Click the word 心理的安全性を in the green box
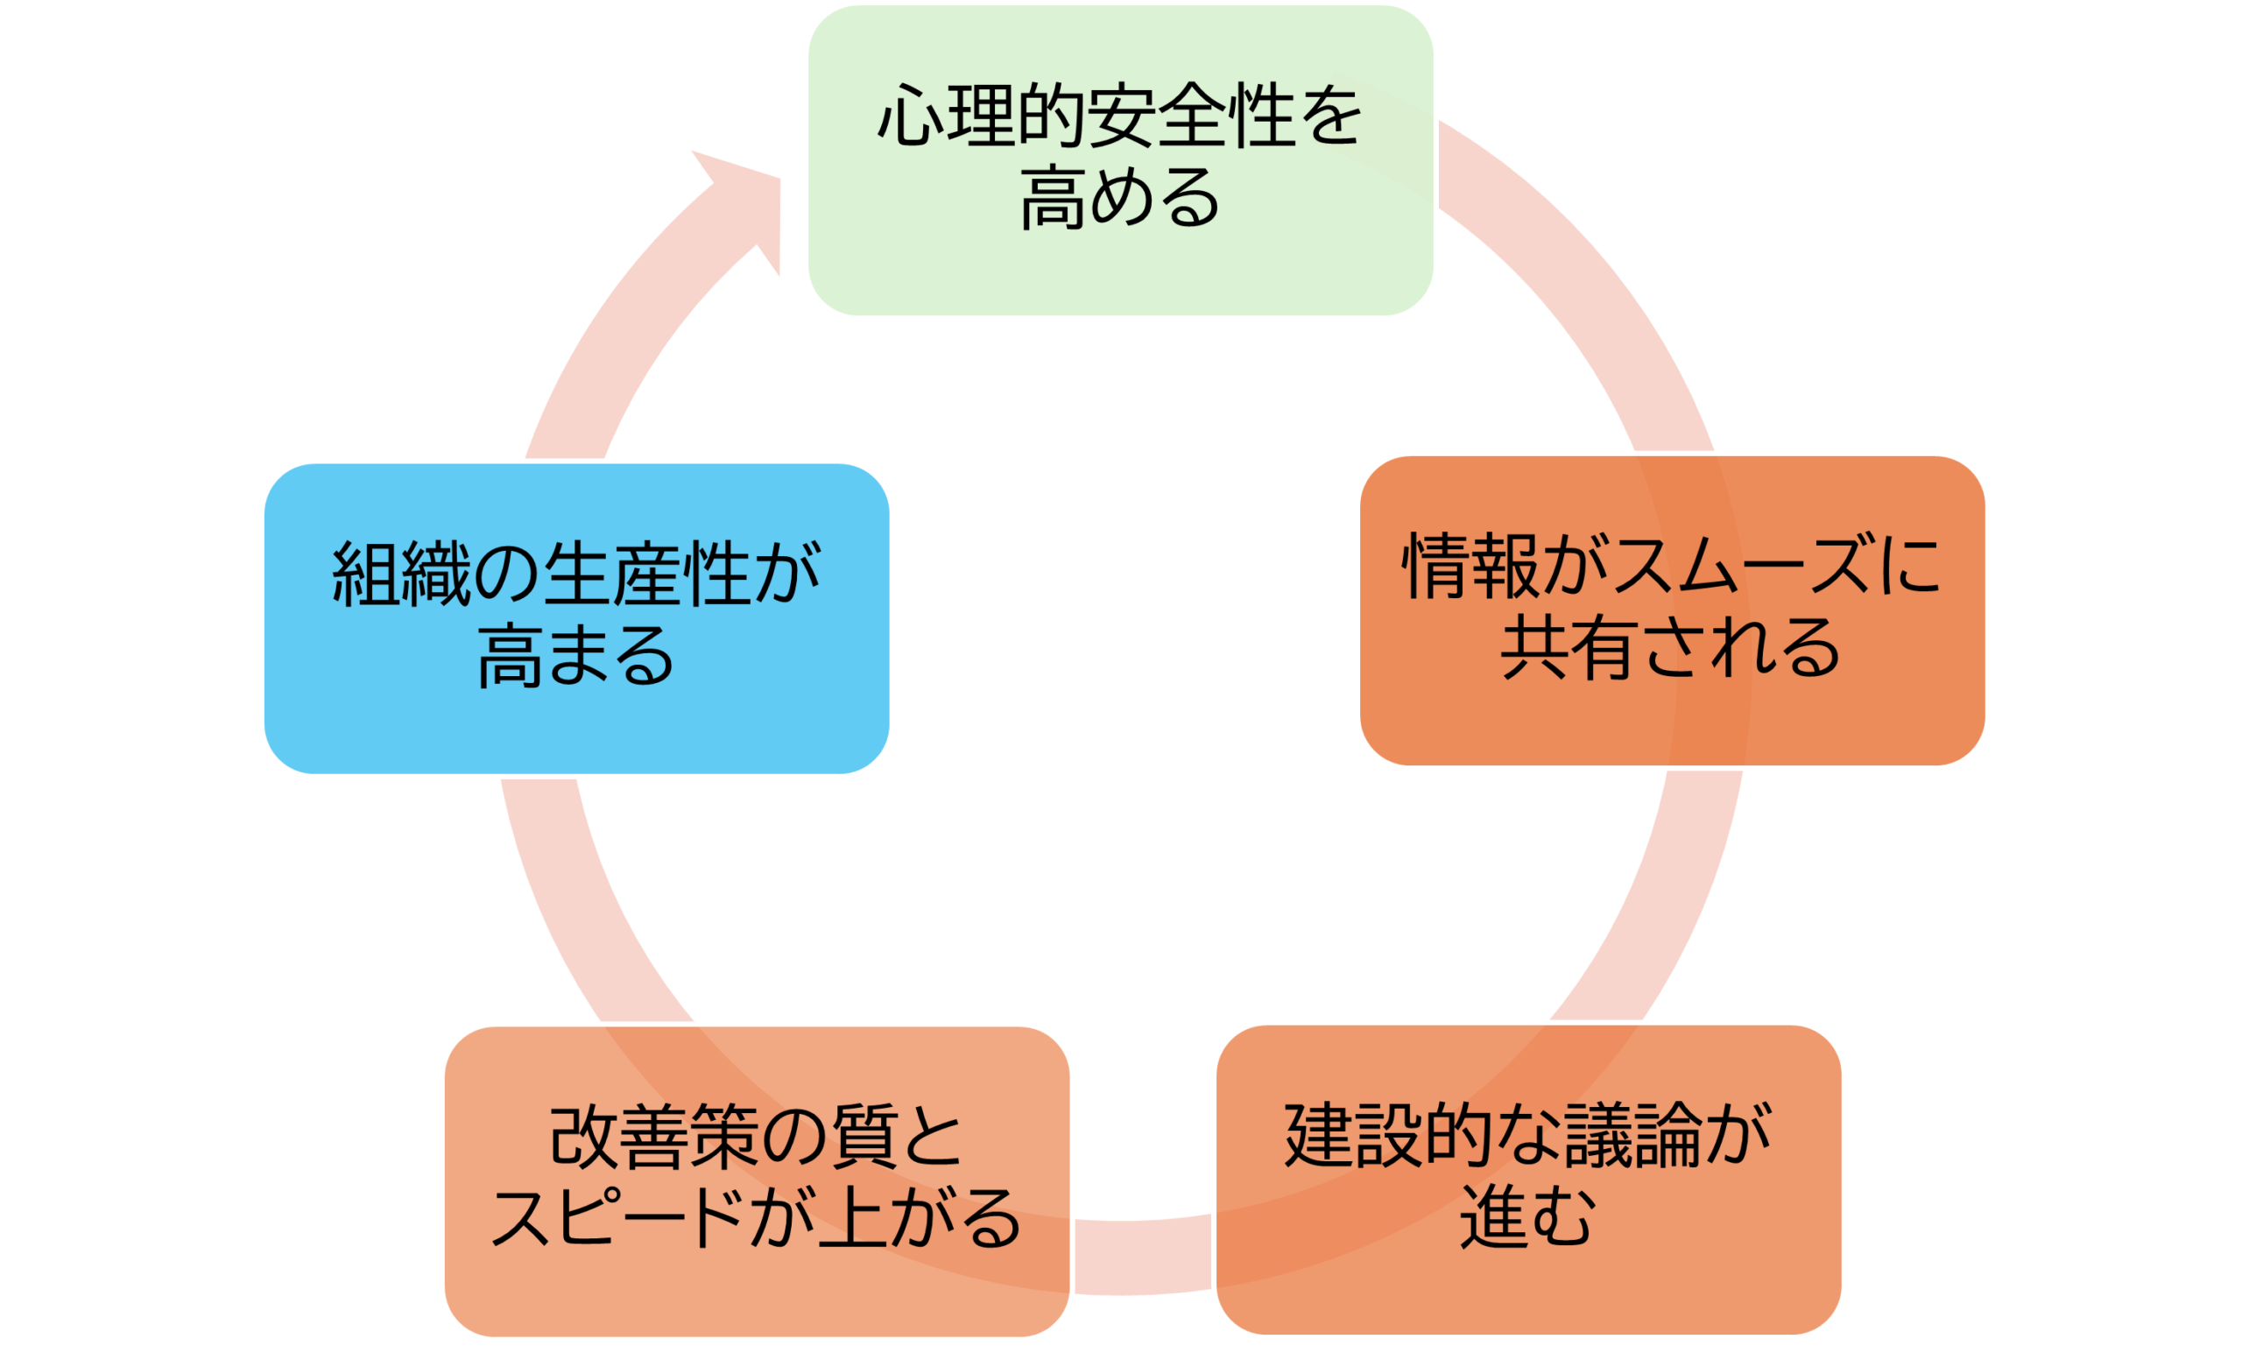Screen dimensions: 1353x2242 [1119, 116]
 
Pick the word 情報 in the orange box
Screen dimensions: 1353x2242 [1470, 566]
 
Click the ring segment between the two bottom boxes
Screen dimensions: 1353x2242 [1142, 1256]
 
